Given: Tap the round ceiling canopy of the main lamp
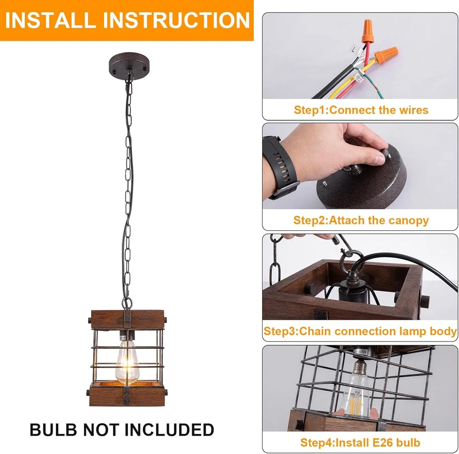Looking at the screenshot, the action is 129,65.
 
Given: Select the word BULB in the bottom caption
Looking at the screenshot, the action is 53,430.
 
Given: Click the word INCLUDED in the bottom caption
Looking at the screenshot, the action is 169,430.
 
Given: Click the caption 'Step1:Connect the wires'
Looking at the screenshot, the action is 361,110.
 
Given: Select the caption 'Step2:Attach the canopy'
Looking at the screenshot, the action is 361,220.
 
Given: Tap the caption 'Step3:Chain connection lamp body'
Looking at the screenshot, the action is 360,331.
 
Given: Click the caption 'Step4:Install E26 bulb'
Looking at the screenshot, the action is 360,442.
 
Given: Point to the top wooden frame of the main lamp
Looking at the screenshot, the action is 128,319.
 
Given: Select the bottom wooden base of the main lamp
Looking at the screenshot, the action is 127,396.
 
